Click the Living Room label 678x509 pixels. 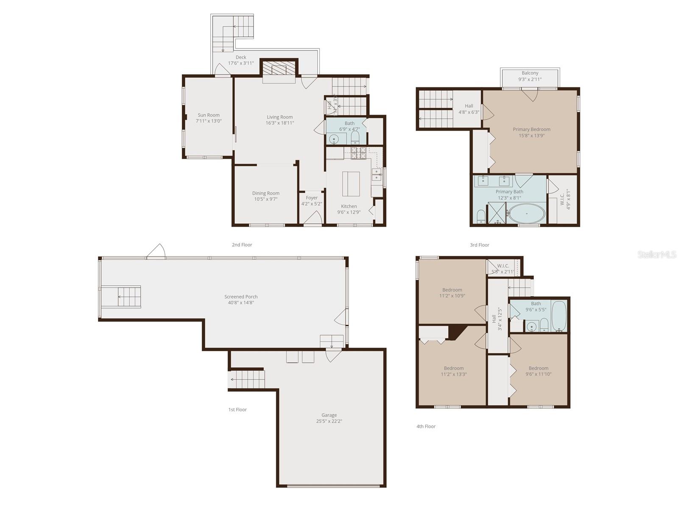(279, 117)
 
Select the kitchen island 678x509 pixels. (351, 183)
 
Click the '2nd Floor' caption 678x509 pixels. (242, 245)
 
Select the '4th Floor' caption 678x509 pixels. (426, 426)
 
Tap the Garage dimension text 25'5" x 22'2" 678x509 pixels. (329, 422)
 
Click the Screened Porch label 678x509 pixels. (241, 297)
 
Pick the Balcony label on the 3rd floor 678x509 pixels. (530, 73)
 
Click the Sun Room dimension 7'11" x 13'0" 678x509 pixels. (209, 121)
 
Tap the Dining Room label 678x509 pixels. (266, 193)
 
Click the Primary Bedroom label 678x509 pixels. (531, 129)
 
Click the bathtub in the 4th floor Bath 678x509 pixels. (558, 316)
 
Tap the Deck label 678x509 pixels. (241, 57)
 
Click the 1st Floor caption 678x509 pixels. (237, 410)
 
